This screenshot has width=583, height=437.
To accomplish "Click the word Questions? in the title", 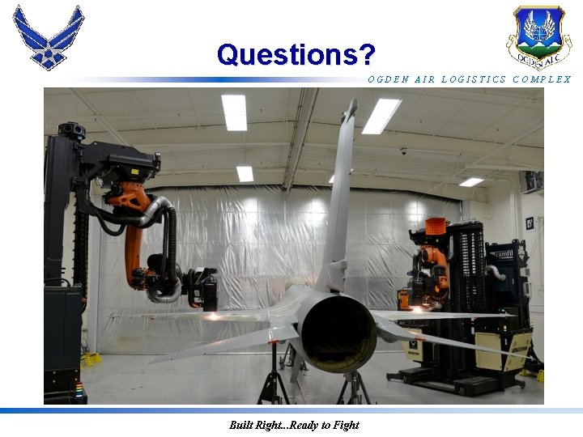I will pyautogui.click(x=296, y=54).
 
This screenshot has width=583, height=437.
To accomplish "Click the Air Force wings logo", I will pyautogui.click(x=48, y=36).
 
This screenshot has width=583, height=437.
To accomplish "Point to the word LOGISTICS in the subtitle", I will pyautogui.click(x=474, y=79).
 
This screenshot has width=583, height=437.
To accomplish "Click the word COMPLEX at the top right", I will pyautogui.click(x=542, y=79).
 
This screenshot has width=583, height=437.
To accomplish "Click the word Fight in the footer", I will pyautogui.click(x=344, y=425).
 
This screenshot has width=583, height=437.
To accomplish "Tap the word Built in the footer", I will pyautogui.click(x=241, y=425).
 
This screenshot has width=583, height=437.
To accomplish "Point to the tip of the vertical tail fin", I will pyautogui.click(x=351, y=104).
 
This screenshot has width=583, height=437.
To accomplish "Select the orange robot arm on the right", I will pyautogui.click(x=434, y=267).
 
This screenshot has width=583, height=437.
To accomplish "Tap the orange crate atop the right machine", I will pyautogui.click(x=436, y=227).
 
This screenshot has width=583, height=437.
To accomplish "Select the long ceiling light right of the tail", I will pyautogui.click(x=381, y=116).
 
